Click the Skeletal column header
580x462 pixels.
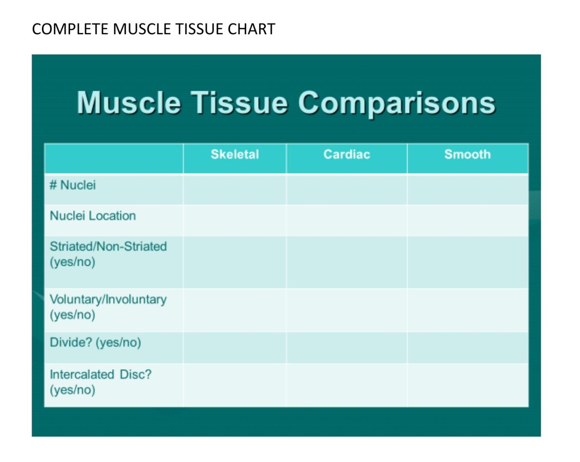tap(235, 154)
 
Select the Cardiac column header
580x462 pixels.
tap(347, 154)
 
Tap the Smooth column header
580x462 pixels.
tap(468, 154)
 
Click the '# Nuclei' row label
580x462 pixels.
tap(73, 185)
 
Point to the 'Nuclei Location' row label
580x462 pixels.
tap(93, 216)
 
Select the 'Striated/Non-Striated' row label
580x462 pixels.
tap(108, 246)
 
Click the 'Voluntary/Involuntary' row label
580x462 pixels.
tap(108, 299)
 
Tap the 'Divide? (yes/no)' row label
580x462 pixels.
tap(95, 343)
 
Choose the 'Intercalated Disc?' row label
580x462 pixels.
tap(101, 374)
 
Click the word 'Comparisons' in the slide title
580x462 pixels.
tap(397, 103)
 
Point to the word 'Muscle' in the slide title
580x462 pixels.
tap(129, 103)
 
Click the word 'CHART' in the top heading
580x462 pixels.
tap(251, 29)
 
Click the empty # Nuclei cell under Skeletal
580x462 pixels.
tap(235, 190)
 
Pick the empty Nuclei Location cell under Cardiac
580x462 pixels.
tap(347, 220)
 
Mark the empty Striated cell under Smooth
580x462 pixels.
tap(468, 262)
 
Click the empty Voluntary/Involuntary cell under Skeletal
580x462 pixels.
tap(235, 310)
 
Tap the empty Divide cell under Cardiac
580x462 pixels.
tap(347, 348)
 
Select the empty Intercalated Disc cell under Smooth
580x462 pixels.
tap(468, 385)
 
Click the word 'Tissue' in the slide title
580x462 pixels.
tap(239, 103)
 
